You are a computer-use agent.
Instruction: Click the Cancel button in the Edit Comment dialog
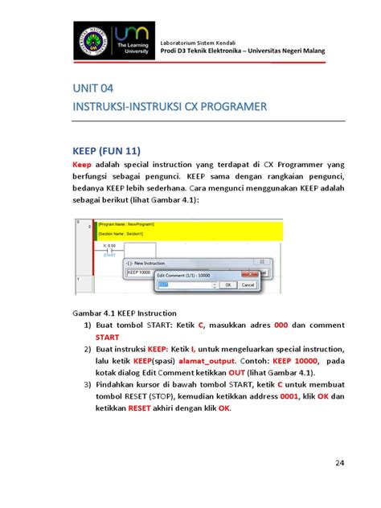point(248,285)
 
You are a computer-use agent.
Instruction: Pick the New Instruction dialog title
point(147,263)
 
